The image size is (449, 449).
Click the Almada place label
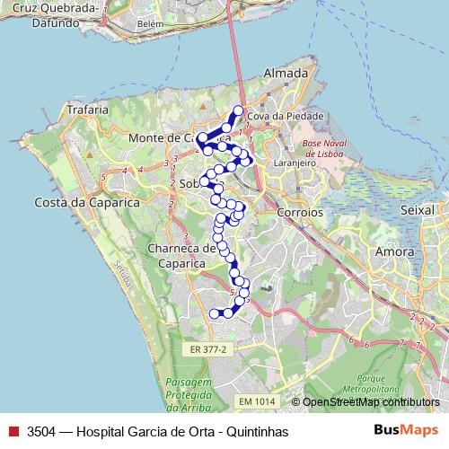[x=286, y=74]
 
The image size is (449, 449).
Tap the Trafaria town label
[x=87, y=110]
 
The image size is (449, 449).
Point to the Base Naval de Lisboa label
[x=326, y=148]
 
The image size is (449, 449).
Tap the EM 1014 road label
[x=257, y=401]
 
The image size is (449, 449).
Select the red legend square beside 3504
[x=13, y=432]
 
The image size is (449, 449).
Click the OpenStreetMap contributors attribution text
[x=372, y=402]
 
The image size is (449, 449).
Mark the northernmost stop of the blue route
[x=238, y=110]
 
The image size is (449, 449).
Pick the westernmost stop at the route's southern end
[x=214, y=313]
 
